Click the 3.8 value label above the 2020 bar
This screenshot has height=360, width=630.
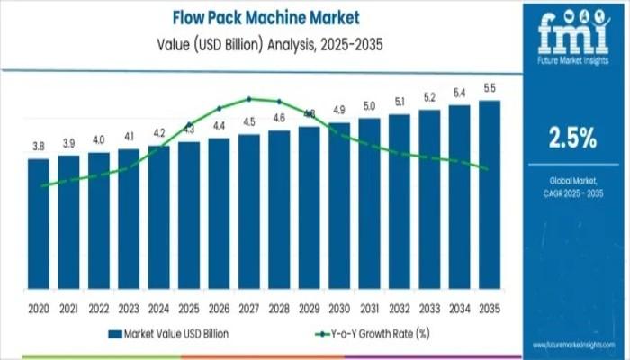pyautogui.click(x=39, y=146)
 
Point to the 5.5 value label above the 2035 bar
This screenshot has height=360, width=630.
pyautogui.click(x=490, y=88)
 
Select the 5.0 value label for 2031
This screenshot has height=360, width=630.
pyautogui.click(x=369, y=106)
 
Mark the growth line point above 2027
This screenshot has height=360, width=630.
pyautogui.click(x=249, y=98)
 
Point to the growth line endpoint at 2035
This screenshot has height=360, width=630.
pyautogui.click(x=487, y=168)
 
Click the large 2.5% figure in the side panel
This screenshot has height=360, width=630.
pyautogui.click(x=572, y=138)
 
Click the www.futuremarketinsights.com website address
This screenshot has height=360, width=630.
pyautogui.click(x=572, y=345)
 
